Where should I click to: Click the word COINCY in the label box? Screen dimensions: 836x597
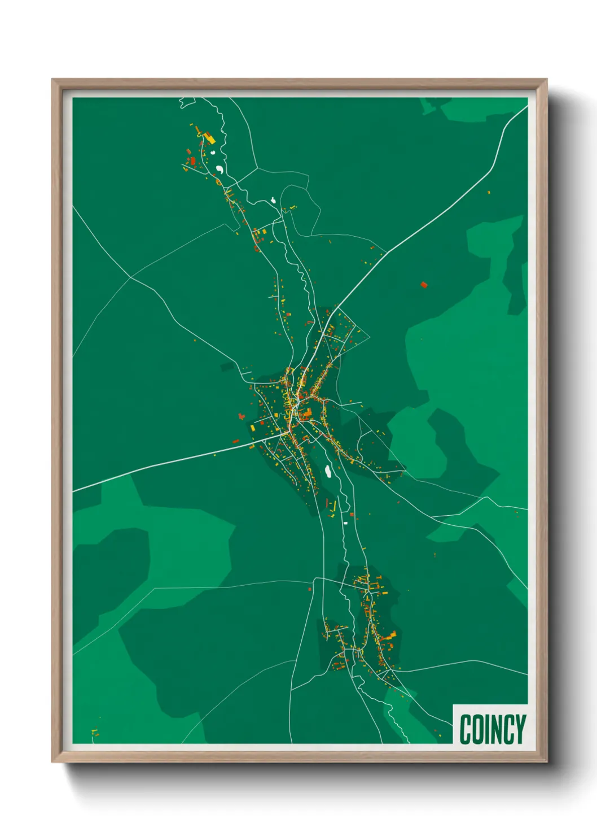coord(493,729)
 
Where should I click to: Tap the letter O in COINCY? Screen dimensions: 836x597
coord(477,729)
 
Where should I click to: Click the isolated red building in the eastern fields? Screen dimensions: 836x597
coord(424,285)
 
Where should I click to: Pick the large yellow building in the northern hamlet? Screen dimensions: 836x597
coord(209,137)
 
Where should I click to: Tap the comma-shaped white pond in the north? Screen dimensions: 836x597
coord(219,169)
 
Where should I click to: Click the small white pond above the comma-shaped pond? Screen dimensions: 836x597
coord(213,151)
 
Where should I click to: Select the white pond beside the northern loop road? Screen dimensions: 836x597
coord(273,200)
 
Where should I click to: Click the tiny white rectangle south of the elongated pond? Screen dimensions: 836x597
coord(345,524)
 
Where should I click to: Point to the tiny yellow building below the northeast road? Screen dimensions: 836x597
coord(489,193)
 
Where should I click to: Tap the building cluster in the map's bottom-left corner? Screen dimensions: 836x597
coord(95,733)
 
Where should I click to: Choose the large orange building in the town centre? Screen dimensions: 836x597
coord(306,415)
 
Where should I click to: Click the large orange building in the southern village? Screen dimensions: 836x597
coord(390,637)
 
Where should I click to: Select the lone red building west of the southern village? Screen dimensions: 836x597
coord(310,589)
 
